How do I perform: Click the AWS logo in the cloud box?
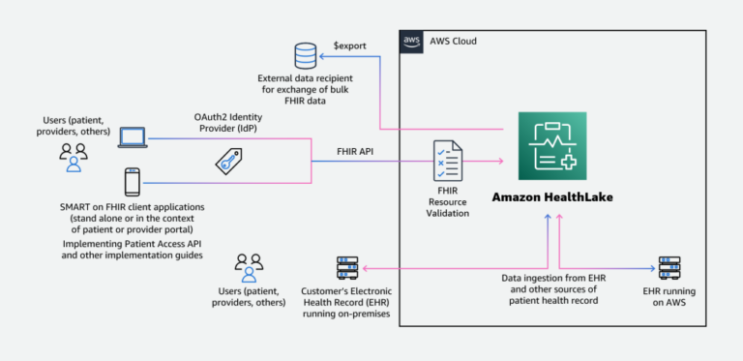[411, 41]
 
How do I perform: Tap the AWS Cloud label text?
[451, 41]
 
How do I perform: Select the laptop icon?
[133, 137]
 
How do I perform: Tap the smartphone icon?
[133, 181]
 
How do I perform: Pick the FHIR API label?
[333, 150]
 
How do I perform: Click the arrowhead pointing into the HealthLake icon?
[504, 161]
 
